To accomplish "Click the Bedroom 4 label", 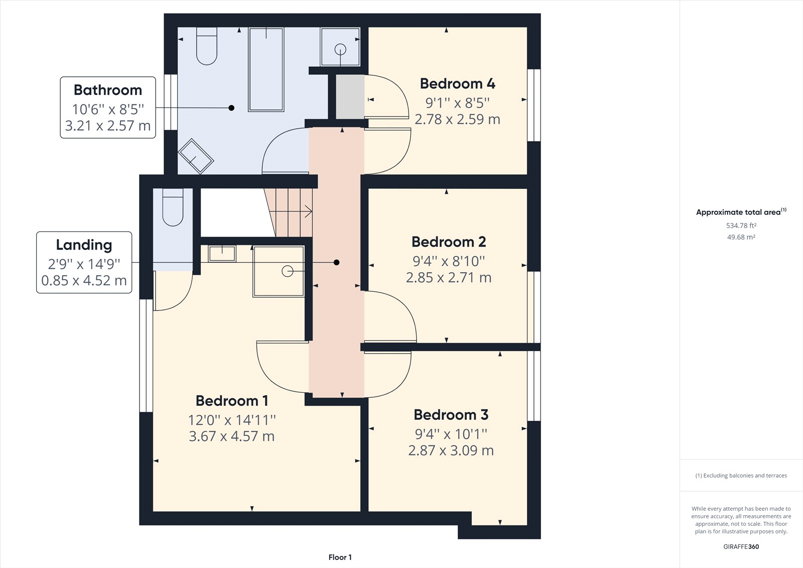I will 457,83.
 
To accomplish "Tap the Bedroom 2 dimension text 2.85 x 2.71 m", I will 449,277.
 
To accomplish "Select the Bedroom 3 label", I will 451,415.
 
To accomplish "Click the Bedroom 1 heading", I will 232,401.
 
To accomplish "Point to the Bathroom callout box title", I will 108,90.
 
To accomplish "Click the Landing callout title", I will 84,245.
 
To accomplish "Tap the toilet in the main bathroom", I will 206,46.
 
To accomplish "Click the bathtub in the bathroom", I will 266,69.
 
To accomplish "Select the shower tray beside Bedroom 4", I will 340,47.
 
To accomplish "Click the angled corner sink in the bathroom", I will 196,156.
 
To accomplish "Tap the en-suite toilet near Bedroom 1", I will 173,207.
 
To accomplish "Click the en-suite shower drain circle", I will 288,271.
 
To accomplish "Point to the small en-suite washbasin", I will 222,253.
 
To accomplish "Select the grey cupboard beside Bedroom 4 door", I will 350,97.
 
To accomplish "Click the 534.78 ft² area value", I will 741,225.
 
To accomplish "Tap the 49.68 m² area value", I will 741,237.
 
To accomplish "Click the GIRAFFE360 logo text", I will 741,546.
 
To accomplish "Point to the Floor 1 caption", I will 340,557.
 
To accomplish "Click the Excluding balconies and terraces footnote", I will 741,476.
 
